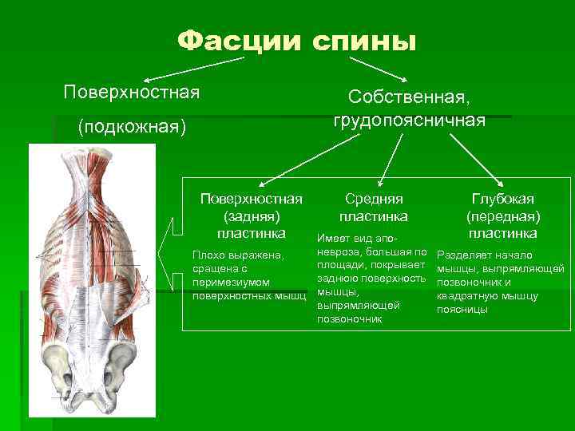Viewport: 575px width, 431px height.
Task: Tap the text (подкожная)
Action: click(x=131, y=127)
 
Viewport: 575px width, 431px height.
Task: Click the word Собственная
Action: click(x=408, y=97)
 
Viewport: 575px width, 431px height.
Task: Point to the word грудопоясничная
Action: click(x=408, y=120)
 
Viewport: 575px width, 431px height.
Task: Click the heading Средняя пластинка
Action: click(x=373, y=207)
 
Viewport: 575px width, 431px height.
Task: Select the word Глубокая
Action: click(x=503, y=199)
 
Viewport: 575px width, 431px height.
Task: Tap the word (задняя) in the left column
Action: click(x=251, y=215)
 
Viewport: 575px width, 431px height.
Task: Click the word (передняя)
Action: click(x=503, y=216)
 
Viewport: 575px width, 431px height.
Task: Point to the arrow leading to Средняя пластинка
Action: click(x=389, y=160)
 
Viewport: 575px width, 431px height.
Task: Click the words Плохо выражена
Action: click(x=238, y=255)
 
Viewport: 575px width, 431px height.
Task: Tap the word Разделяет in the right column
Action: click(x=462, y=255)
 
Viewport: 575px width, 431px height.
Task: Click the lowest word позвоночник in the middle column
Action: click(x=349, y=319)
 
